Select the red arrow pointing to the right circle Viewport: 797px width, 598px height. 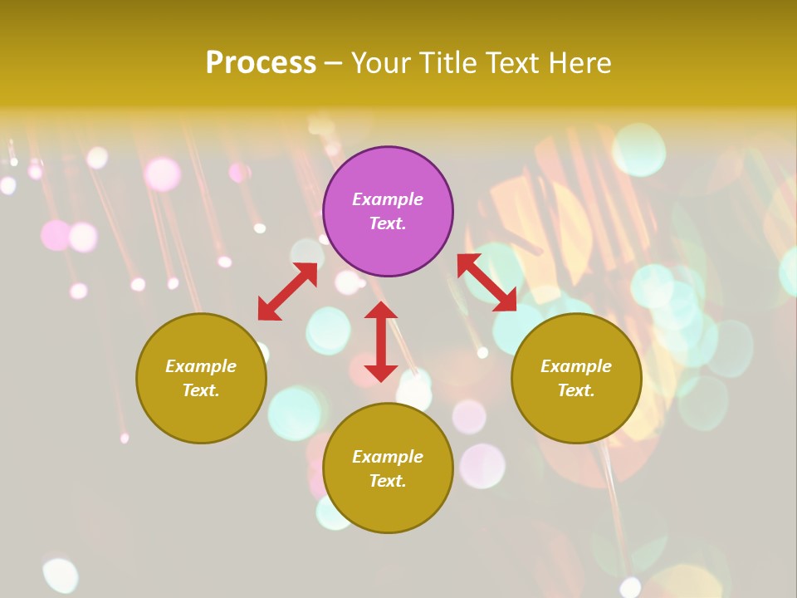[x=487, y=282]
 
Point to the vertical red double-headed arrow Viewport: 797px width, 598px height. [x=381, y=341]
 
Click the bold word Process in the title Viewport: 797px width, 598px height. [x=261, y=62]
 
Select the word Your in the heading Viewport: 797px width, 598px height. [x=380, y=62]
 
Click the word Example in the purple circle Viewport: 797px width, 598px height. [x=388, y=199]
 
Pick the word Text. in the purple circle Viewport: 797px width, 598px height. [x=388, y=223]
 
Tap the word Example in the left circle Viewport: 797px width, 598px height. [x=201, y=366]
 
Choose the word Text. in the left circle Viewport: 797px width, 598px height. [x=201, y=390]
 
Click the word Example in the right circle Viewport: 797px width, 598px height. [x=576, y=366]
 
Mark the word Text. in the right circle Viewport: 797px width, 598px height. [x=576, y=390]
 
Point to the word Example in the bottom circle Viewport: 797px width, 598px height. [x=388, y=457]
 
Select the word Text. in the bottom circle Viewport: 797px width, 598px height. [x=388, y=481]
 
